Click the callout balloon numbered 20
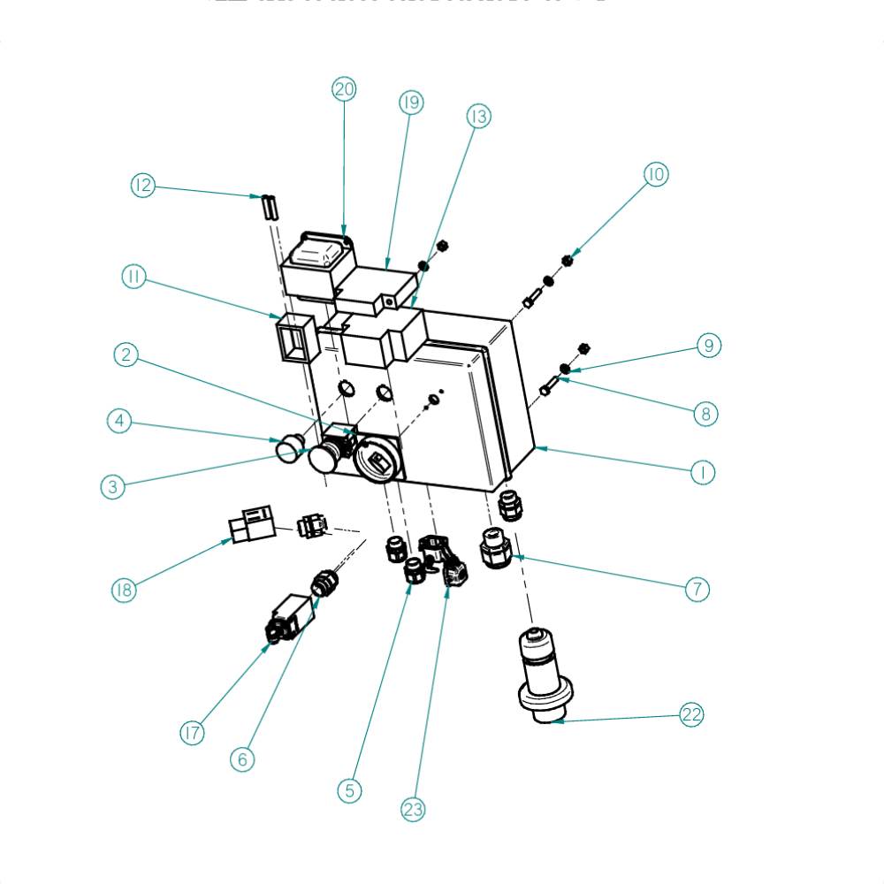[344, 89]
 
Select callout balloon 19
[410, 103]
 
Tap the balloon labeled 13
[478, 116]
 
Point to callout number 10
[655, 174]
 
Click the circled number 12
[142, 186]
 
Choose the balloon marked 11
[133, 277]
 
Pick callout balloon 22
[691, 715]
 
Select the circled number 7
[697, 589]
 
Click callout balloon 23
[413, 809]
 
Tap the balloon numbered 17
[192, 733]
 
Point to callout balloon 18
[124, 591]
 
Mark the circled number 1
[703, 472]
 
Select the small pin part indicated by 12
[270, 207]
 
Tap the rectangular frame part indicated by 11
[292, 337]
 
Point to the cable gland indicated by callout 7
[494, 548]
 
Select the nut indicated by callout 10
[568, 259]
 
